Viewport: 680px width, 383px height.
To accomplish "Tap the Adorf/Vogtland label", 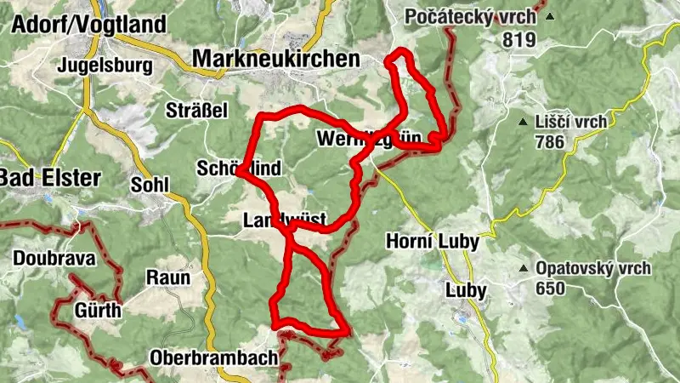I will tap(88, 24).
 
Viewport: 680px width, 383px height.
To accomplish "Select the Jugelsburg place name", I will tap(105, 65).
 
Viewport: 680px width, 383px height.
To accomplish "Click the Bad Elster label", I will tap(51, 179).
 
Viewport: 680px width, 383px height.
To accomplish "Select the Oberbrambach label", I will tap(213, 358).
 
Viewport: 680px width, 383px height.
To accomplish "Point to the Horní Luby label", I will tap(432, 242).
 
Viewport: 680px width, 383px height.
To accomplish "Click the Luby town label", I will tap(466, 290).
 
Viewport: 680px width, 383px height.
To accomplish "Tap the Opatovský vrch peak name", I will tap(593, 269).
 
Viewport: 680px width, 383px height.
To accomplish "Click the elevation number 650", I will tap(550, 288).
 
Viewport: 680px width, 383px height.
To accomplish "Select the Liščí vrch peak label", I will tap(571, 122).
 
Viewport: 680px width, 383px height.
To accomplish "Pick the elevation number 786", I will tap(550, 141).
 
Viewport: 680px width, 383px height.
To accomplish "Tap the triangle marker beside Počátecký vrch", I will tap(550, 17).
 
